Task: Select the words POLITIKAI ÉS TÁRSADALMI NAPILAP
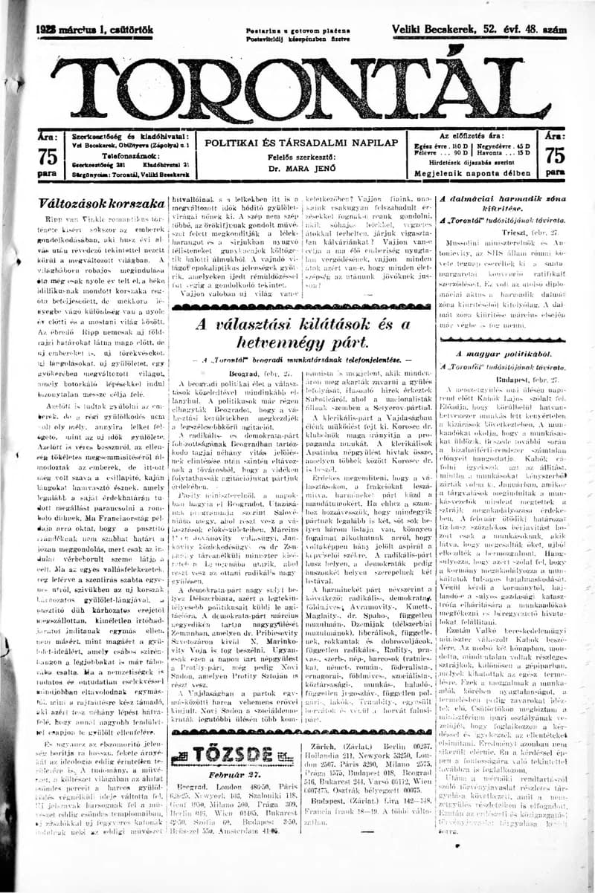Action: coord(301,142)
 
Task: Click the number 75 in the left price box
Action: coord(47,157)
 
